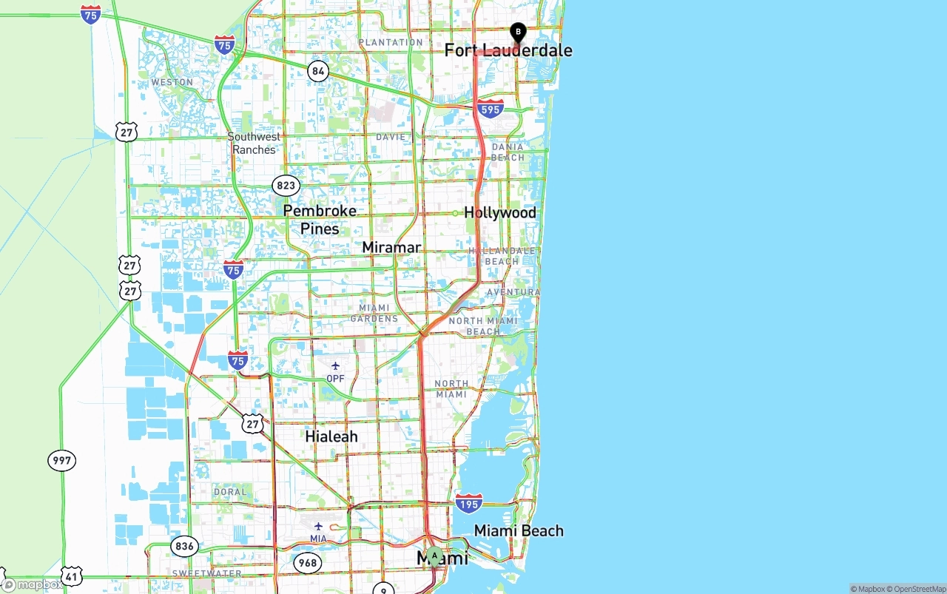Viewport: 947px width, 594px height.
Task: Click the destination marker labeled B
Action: click(518, 32)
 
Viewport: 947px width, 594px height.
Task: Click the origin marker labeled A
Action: click(434, 556)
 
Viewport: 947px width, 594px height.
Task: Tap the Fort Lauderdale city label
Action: click(508, 50)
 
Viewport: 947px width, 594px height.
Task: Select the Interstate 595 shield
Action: click(490, 109)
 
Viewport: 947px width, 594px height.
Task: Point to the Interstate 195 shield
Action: click(469, 503)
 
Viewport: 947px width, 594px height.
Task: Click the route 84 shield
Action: click(318, 71)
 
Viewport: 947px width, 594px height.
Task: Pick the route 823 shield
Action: click(286, 185)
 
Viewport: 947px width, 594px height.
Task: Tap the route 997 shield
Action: click(62, 460)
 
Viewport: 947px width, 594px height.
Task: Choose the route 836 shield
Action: click(185, 547)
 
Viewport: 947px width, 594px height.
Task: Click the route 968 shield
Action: click(308, 563)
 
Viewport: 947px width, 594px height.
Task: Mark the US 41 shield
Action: click(72, 576)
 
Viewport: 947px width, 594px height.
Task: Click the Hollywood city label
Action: click(500, 213)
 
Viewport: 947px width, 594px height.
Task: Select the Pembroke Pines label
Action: click(320, 220)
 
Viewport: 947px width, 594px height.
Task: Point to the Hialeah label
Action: click(331, 436)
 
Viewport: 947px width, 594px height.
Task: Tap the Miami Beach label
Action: click(519, 531)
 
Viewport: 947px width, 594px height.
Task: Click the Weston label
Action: click(172, 82)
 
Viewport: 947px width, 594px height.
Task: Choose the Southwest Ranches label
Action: click(254, 143)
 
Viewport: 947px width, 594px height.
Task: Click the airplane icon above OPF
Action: click(335, 365)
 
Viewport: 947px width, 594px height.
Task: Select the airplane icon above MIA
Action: click(318, 526)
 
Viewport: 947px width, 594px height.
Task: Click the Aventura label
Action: click(513, 292)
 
